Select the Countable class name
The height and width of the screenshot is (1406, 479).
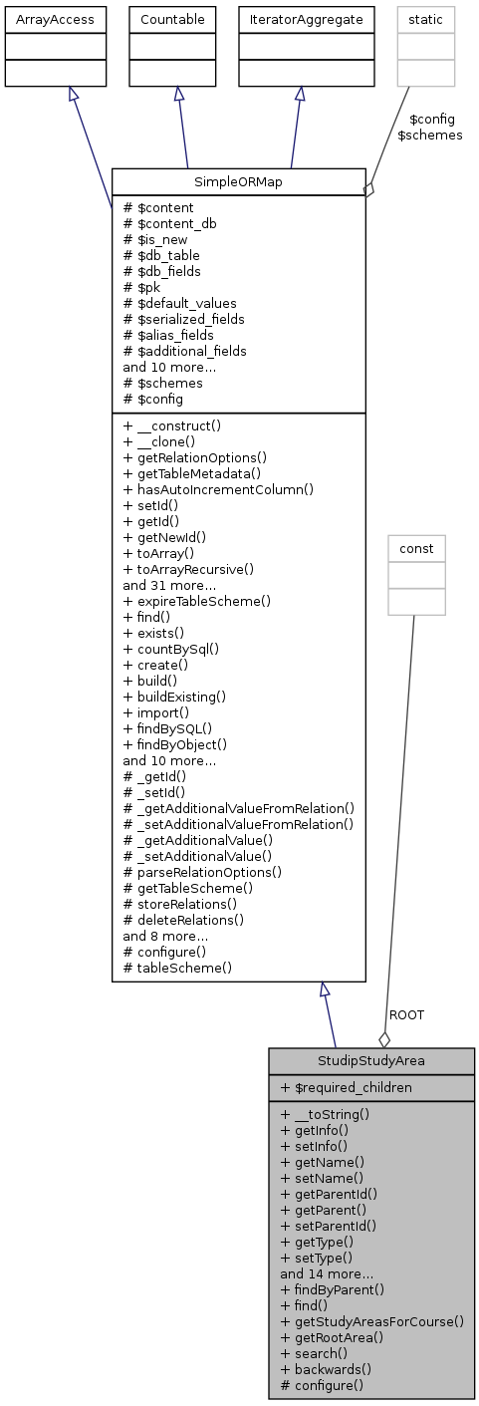pos(179,19)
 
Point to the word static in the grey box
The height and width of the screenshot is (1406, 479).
pos(426,19)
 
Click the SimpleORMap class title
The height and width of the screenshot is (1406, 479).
pos(238,182)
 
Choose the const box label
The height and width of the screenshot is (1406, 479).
pos(416,548)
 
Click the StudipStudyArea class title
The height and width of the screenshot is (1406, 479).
pos(370,1060)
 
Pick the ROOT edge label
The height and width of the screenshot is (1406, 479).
pos(406,1014)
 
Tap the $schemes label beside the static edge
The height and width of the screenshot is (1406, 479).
pos(429,135)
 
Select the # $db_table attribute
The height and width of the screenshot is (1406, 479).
pos(161,255)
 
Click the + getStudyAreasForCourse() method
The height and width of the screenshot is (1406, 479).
pos(372,1321)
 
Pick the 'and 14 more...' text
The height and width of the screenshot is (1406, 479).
pos(327,1273)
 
